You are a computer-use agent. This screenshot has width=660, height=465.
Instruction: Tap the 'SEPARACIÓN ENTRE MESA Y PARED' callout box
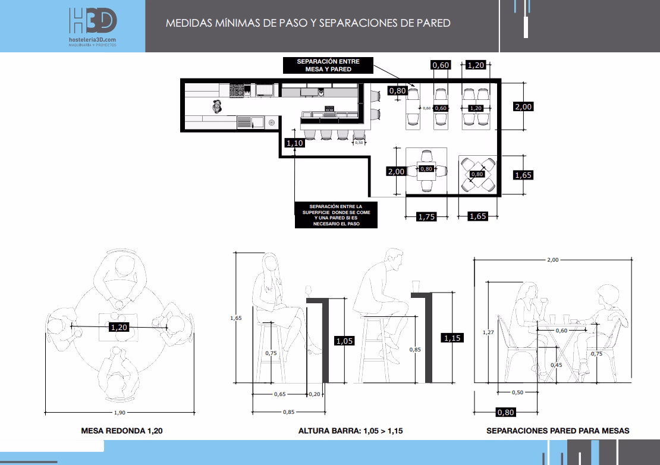coord(328,65)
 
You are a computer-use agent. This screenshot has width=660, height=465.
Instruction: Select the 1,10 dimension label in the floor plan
coord(295,143)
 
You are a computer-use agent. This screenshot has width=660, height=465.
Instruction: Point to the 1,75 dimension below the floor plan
coord(426,216)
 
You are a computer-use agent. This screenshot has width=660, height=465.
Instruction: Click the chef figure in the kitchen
coord(217,106)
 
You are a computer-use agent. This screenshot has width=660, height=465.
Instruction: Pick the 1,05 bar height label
coord(344,341)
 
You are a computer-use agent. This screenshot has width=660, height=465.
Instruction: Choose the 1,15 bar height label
coord(452,338)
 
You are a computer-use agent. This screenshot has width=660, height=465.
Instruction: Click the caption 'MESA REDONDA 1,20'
coord(122,431)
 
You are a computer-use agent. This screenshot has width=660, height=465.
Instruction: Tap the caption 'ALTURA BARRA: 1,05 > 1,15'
coord(351,431)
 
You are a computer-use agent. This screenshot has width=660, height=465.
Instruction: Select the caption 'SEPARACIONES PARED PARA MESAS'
coord(558,431)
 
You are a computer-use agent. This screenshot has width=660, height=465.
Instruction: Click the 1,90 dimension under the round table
coord(120,413)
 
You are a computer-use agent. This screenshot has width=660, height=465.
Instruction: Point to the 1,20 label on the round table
coord(119,328)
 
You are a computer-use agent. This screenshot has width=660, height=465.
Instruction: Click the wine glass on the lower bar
coord(309,291)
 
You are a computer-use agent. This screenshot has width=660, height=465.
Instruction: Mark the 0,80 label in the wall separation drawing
coord(505,413)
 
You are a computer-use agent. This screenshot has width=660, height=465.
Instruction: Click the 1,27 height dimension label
coord(488,332)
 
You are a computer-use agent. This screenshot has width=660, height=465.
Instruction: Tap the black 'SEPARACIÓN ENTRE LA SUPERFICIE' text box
coord(336,215)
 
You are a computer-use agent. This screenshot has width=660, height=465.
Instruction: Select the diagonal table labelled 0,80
coord(477,174)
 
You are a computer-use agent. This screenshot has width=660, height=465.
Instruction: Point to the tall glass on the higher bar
coord(416,287)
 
